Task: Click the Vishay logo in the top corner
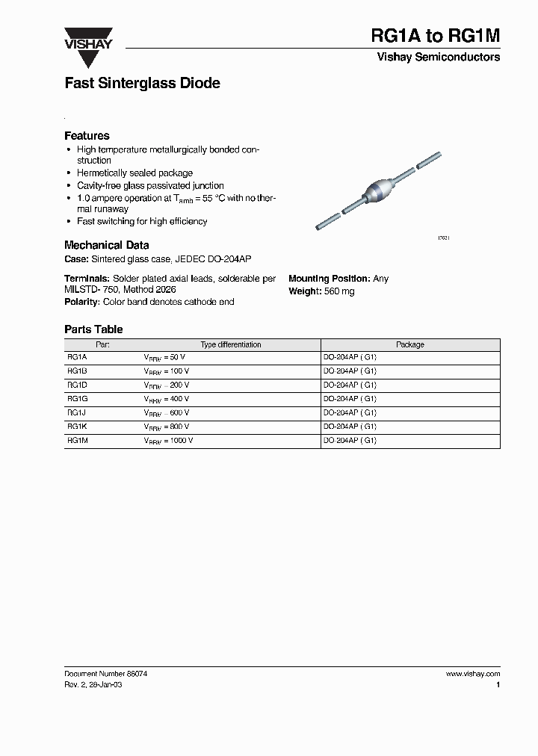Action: (87, 40)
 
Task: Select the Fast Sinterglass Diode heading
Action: (142, 84)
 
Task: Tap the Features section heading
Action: (87, 136)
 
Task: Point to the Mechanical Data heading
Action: (106, 245)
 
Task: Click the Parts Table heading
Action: (93, 329)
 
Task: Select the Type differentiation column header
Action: (231, 345)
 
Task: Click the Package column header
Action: (409, 345)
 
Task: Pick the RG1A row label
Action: (77, 358)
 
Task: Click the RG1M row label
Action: (77, 441)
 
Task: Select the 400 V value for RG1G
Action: (178, 400)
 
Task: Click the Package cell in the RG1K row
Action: (349, 427)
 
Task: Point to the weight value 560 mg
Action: (339, 291)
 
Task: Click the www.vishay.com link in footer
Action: (472, 674)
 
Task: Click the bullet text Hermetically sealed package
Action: (134, 173)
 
